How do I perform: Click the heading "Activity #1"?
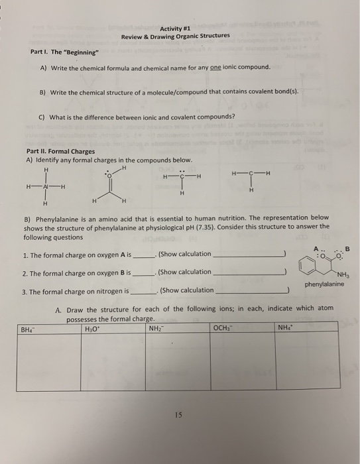176,28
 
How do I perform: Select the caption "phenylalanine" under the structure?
325,284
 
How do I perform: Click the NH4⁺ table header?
286,329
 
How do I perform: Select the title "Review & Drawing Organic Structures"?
176,36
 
